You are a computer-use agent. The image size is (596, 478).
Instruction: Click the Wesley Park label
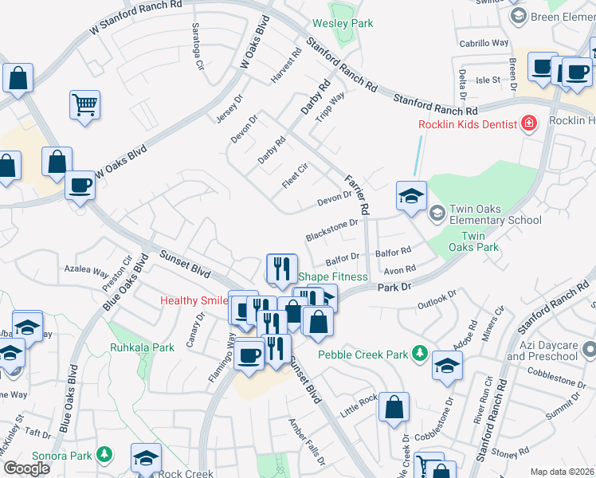[x=343, y=24]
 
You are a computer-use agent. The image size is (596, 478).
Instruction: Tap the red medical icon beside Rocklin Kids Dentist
[x=527, y=123]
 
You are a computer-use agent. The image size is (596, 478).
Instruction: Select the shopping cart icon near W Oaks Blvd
[x=84, y=104]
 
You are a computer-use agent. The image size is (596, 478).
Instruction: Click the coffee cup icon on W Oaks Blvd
[x=80, y=186]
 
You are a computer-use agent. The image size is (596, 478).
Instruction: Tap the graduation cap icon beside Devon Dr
[x=411, y=196]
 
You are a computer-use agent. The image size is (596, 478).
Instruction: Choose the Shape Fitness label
[x=333, y=276]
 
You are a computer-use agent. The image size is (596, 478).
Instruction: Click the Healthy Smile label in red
[x=194, y=300]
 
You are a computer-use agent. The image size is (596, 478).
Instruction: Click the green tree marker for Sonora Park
[x=104, y=453]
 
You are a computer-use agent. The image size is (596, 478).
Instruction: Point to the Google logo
[x=26, y=468]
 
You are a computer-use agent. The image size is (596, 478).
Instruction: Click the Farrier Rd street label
[x=355, y=195]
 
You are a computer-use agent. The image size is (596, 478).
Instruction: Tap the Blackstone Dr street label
[x=331, y=231]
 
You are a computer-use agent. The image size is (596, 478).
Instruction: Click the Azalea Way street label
[x=86, y=271]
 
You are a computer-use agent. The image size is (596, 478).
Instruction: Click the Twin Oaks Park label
[x=484, y=242]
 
